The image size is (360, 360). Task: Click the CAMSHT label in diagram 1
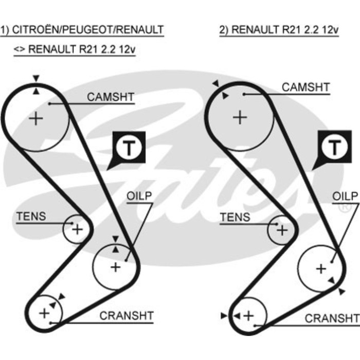click(x=110, y=97)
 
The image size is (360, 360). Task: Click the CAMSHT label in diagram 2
click(x=305, y=87)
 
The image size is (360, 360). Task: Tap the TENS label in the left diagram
click(x=31, y=217)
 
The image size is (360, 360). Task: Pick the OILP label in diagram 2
click(x=344, y=196)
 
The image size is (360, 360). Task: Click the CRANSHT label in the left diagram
click(x=127, y=315)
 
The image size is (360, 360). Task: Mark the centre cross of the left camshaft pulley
click(x=36, y=119)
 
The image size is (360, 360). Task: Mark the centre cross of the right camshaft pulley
click(x=240, y=117)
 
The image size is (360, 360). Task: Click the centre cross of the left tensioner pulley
click(x=77, y=228)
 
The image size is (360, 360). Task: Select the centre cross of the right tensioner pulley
click(x=281, y=230)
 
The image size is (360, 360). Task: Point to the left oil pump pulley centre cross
click(x=115, y=266)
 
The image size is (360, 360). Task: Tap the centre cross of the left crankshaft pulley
click(x=44, y=312)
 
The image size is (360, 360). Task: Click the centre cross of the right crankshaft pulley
click(x=249, y=315)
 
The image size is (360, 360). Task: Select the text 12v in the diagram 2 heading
click(x=327, y=29)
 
